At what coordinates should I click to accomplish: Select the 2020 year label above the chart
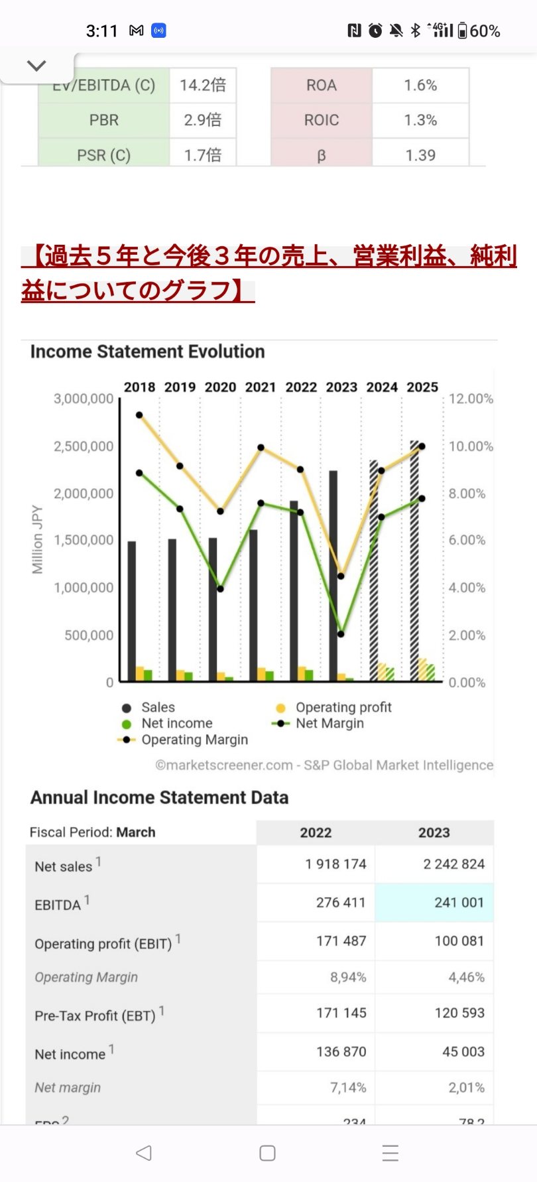pos(220,387)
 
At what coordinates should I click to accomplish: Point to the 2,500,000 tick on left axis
pos(84,446)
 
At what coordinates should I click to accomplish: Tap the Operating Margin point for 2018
pos(139,415)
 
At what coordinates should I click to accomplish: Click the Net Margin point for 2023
pos(341,634)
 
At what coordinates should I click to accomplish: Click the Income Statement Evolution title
pos(147,352)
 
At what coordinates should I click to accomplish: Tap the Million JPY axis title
pos(37,539)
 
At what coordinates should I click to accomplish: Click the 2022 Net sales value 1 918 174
pos(335,864)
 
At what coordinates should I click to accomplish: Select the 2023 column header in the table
pos(434,832)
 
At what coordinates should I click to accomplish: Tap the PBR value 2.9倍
pos(203,120)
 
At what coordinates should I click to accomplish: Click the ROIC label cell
pos(322,120)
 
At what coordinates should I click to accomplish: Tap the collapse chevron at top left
pos(36,65)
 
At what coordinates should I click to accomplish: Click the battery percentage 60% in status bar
pos(485,31)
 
